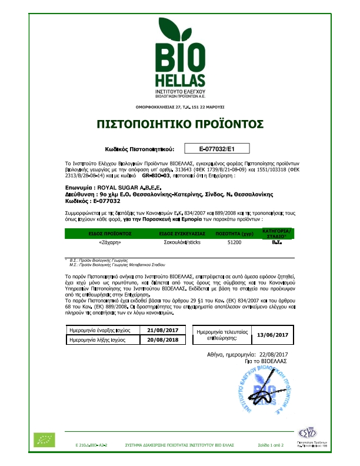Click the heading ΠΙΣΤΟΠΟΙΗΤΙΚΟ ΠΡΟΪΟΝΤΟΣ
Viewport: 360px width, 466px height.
point(179,124)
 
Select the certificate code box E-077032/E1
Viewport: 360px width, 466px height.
point(217,148)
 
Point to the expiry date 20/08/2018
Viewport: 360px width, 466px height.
point(166,341)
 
